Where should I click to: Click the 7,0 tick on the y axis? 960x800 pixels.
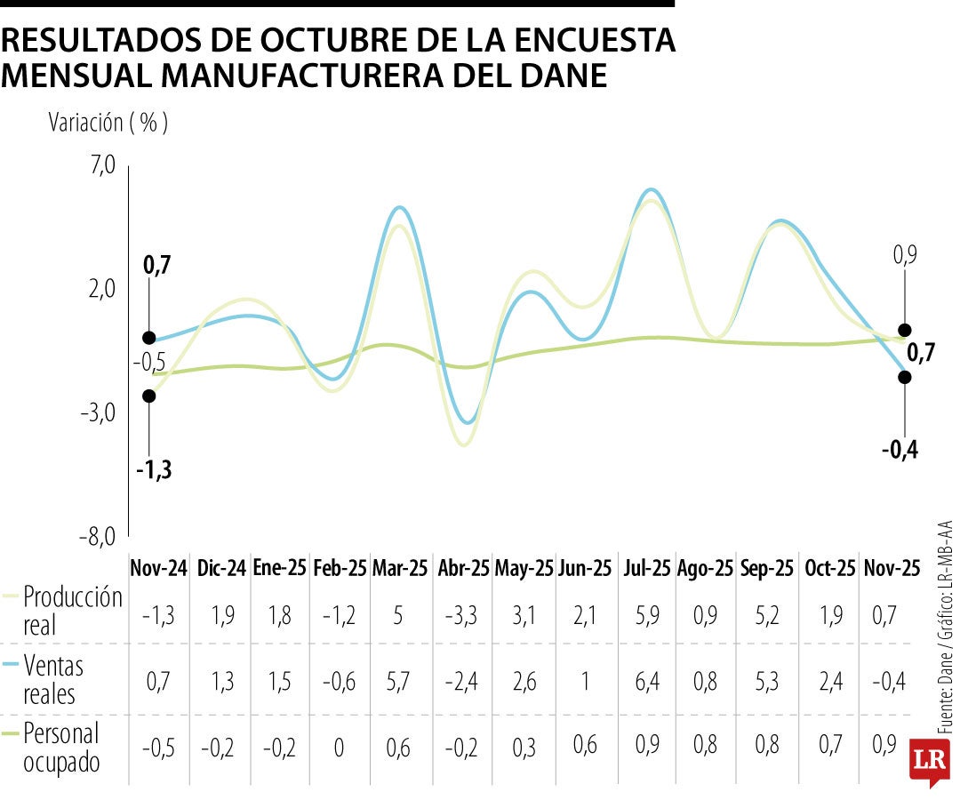[x=103, y=164]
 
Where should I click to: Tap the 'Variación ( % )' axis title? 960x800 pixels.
[x=108, y=123]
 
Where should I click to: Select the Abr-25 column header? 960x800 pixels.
[x=463, y=568]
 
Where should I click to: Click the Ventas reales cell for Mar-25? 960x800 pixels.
[x=400, y=681]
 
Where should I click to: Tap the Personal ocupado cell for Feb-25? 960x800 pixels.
[x=339, y=748]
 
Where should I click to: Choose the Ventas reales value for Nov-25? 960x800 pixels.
[x=892, y=681]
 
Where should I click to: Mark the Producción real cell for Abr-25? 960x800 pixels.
[x=462, y=614]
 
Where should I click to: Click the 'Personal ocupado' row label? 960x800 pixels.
[x=62, y=748]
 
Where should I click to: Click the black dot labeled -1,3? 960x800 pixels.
[x=149, y=396]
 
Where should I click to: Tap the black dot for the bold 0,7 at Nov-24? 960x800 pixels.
[x=149, y=338]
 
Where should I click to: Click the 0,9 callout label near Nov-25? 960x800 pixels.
[x=905, y=256]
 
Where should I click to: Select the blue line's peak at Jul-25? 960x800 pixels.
[x=652, y=189]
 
